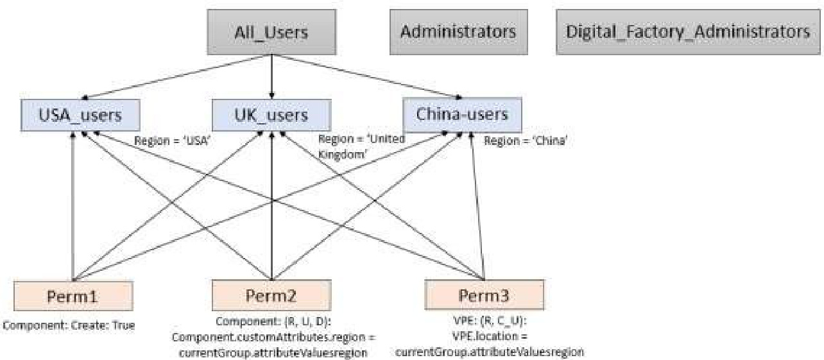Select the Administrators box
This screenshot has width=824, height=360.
click(x=458, y=30)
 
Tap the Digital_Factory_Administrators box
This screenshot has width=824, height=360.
click(x=687, y=30)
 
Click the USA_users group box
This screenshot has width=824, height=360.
click(x=80, y=116)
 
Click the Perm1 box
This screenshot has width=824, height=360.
click(x=73, y=296)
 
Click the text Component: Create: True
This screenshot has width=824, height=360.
click(x=69, y=325)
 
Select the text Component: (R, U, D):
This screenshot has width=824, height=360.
click(x=271, y=321)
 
